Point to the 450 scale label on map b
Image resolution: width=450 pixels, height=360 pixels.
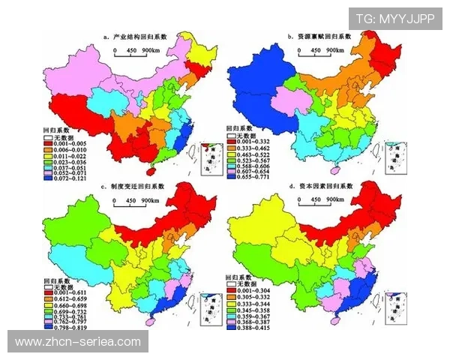click(x=316, y=50)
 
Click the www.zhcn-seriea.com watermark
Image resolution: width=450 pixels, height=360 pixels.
click(x=78, y=342)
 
